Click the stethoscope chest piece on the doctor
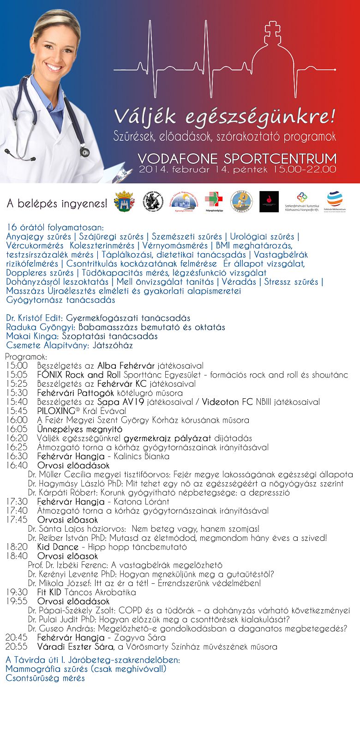point(84,151)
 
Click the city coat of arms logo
point(124,202)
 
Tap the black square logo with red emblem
point(269,202)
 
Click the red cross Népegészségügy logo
point(214,201)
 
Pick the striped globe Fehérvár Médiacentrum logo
point(336,201)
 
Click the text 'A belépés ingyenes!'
point(57,203)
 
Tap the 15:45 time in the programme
point(17,411)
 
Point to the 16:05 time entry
point(17,429)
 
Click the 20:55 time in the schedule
point(17,647)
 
